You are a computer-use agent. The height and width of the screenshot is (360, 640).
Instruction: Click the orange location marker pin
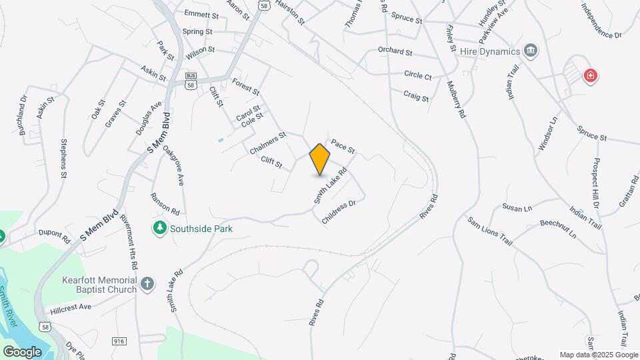[x=320, y=159]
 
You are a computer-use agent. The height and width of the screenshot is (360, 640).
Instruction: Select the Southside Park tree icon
[x=159, y=229]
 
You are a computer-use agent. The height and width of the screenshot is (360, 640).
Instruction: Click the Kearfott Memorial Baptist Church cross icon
[x=147, y=285]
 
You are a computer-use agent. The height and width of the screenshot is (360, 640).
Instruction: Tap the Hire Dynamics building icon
[x=531, y=51]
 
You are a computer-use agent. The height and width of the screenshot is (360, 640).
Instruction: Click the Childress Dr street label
[x=339, y=211]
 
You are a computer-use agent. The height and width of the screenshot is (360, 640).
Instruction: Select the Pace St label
[x=342, y=146]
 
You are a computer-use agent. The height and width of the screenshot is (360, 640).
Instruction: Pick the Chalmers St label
[x=267, y=143]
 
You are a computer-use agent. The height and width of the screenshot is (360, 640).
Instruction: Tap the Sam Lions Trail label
[x=489, y=230]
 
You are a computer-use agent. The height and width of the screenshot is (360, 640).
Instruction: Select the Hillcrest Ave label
[x=71, y=309]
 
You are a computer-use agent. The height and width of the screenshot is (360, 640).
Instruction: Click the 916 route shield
[x=119, y=341]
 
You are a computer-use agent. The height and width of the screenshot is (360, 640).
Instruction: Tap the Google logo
[x=22, y=351]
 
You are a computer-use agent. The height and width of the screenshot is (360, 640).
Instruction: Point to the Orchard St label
[x=395, y=51]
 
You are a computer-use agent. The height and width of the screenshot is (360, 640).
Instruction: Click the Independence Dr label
[x=601, y=21]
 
